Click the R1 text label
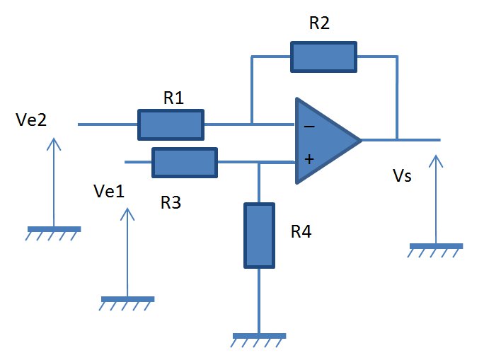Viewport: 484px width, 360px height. tap(173, 98)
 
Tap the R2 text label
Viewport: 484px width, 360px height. tap(319, 23)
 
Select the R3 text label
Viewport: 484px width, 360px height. tap(171, 203)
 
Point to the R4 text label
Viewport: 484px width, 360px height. tap(301, 231)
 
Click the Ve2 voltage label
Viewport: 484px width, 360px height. tap(31, 120)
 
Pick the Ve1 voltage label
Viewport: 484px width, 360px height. tap(109, 191)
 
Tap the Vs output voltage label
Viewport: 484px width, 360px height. tap(402, 176)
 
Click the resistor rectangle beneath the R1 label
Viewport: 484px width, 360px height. tap(171, 124)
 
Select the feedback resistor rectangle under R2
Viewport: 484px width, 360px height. tap(324, 57)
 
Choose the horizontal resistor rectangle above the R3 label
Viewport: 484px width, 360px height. tap(185, 163)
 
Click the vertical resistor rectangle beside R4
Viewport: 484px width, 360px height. tap(259, 236)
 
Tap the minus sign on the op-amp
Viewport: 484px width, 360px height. tap(309, 126)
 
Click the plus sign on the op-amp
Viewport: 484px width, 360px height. tap(309, 159)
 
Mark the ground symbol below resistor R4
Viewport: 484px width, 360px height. tap(259, 340)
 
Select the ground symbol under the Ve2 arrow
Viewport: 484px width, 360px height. tap(53, 233)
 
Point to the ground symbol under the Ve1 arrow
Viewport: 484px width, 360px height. tap(127, 303)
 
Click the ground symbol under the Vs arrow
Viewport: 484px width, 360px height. tap(436, 250)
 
